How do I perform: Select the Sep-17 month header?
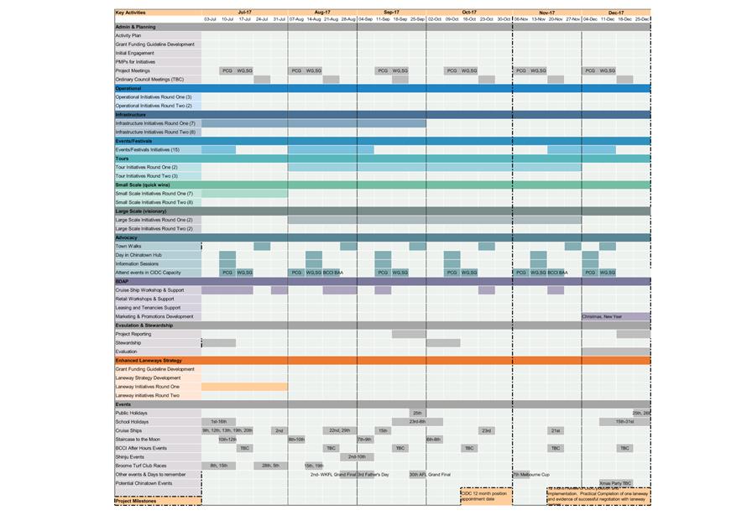[391, 13]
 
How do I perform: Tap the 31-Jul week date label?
[279, 18]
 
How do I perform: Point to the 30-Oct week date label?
[504, 18]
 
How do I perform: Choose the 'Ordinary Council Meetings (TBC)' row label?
[149, 79]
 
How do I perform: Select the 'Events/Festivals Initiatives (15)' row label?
[148, 149]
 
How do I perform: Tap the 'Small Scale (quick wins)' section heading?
[145, 185]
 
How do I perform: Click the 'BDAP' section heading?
[123, 281]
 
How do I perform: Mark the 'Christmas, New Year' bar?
[615, 316]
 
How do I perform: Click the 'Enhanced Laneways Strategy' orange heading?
[149, 360]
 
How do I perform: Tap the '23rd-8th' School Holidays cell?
[417, 422]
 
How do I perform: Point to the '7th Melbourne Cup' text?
[531, 475]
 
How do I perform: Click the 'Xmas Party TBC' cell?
[615, 483]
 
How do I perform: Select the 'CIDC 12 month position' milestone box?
[486, 496]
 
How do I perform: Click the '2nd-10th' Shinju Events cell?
[356, 457]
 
